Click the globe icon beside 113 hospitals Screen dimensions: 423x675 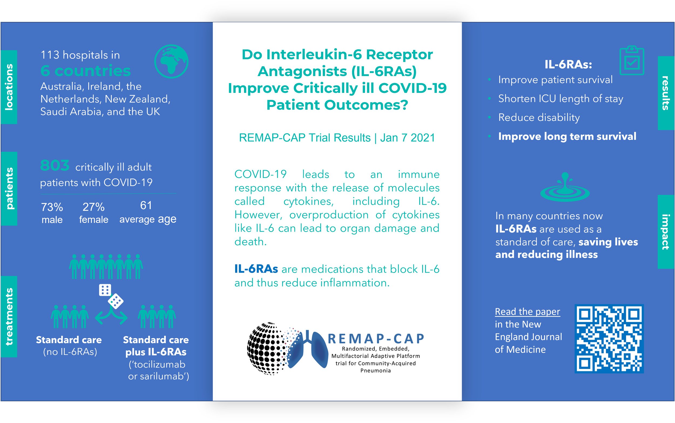tap(171, 61)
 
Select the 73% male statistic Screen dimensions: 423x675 tap(52, 213)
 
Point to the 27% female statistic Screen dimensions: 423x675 tap(93, 213)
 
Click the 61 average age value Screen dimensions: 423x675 tap(147, 212)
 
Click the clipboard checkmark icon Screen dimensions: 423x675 tap(632, 60)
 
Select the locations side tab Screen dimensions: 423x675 tap(9, 87)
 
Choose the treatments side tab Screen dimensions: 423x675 tap(9, 316)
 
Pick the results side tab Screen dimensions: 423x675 tap(666, 93)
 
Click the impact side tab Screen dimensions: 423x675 tap(666, 232)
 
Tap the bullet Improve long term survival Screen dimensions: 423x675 tap(567, 137)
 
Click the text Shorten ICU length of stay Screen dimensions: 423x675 tap(561, 99)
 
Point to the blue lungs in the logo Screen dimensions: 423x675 tap(308, 350)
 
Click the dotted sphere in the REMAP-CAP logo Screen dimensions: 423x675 tap(266, 348)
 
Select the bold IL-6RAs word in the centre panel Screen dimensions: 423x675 tap(256, 269)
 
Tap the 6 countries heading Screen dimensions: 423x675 tap(86, 71)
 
